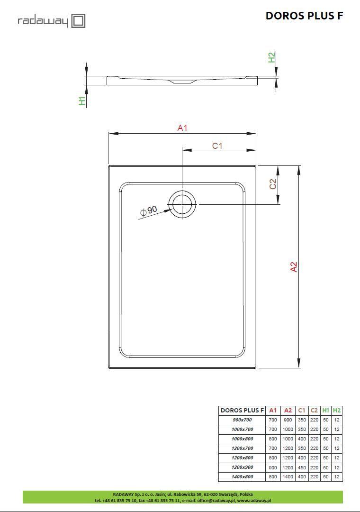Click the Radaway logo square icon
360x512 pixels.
click(x=78, y=21)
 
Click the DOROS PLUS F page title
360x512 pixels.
click(x=304, y=16)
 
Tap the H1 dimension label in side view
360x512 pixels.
click(x=82, y=101)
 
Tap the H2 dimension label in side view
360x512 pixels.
click(x=271, y=57)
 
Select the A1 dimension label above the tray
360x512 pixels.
click(x=182, y=128)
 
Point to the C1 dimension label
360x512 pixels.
click(x=217, y=146)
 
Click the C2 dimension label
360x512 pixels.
click(x=273, y=184)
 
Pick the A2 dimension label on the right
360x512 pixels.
click(x=294, y=267)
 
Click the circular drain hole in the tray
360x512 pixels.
click(x=182, y=204)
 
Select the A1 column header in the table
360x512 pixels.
click(x=273, y=411)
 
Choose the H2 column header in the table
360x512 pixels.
click(x=337, y=411)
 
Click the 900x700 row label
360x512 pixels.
click(x=242, y=420)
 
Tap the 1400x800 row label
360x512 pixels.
click(x=242, y=477)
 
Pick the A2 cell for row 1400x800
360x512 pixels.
click(x=288, y=477)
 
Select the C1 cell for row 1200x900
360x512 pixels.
click(x=302, y=467)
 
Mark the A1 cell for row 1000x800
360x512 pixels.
click(x=273, y=439)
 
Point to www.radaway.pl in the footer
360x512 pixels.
click(x=254, y=500)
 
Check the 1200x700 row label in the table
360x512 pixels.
click(x=242, y=448)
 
